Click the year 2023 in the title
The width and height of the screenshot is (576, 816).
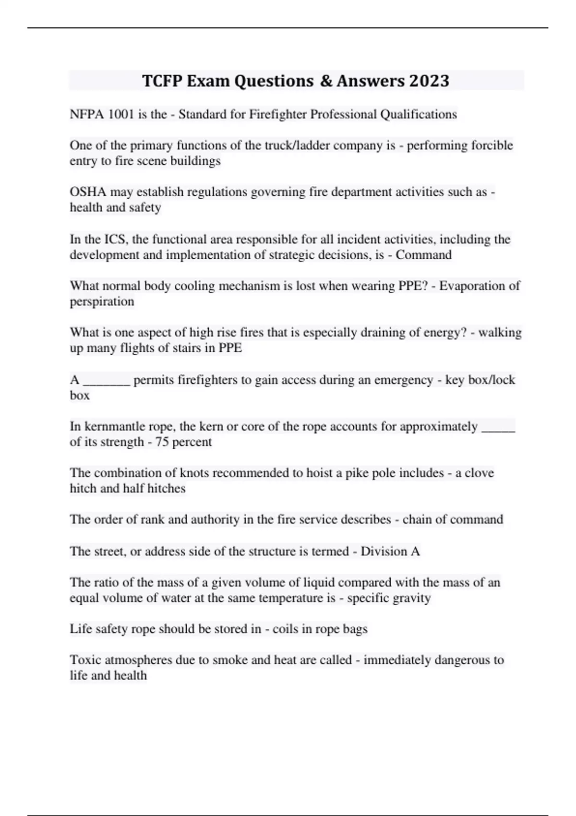click(x=429, y=81)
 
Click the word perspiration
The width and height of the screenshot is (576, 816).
click(x=102, y=301)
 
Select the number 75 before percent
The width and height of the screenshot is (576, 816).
click(x=162, y=442)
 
